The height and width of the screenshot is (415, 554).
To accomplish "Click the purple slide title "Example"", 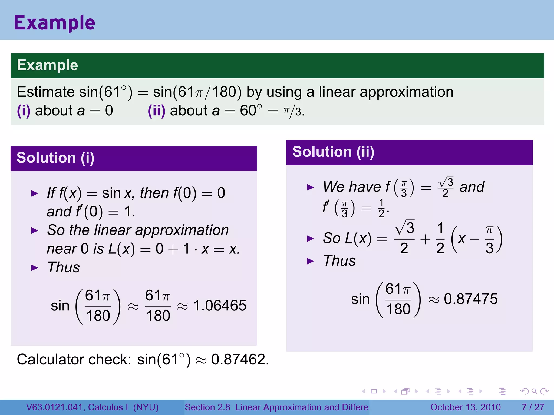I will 54,23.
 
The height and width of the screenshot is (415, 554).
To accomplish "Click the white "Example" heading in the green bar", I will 47,65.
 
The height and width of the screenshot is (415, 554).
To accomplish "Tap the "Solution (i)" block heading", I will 55,158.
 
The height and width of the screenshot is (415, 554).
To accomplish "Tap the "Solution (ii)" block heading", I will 333,152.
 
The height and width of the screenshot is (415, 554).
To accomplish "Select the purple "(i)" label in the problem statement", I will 24,111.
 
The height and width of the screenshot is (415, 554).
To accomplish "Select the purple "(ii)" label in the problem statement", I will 156,111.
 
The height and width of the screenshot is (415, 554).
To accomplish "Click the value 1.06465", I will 220,306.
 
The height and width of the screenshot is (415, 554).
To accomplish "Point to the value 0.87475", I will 471,299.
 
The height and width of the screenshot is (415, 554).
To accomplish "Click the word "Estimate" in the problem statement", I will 46,92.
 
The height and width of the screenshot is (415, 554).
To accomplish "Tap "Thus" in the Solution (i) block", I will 64,267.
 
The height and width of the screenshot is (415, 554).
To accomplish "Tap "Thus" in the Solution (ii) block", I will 339,261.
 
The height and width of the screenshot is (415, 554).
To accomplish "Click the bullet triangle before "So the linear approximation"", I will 35,231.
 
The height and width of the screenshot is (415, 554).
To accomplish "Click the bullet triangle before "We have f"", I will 310,187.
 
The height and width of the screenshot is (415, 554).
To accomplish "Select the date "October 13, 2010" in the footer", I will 465,407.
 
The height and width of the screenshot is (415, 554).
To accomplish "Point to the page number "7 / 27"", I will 533,407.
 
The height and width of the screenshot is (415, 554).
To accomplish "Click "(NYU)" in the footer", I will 146,407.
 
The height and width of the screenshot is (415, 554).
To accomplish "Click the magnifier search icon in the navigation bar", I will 534,391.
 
